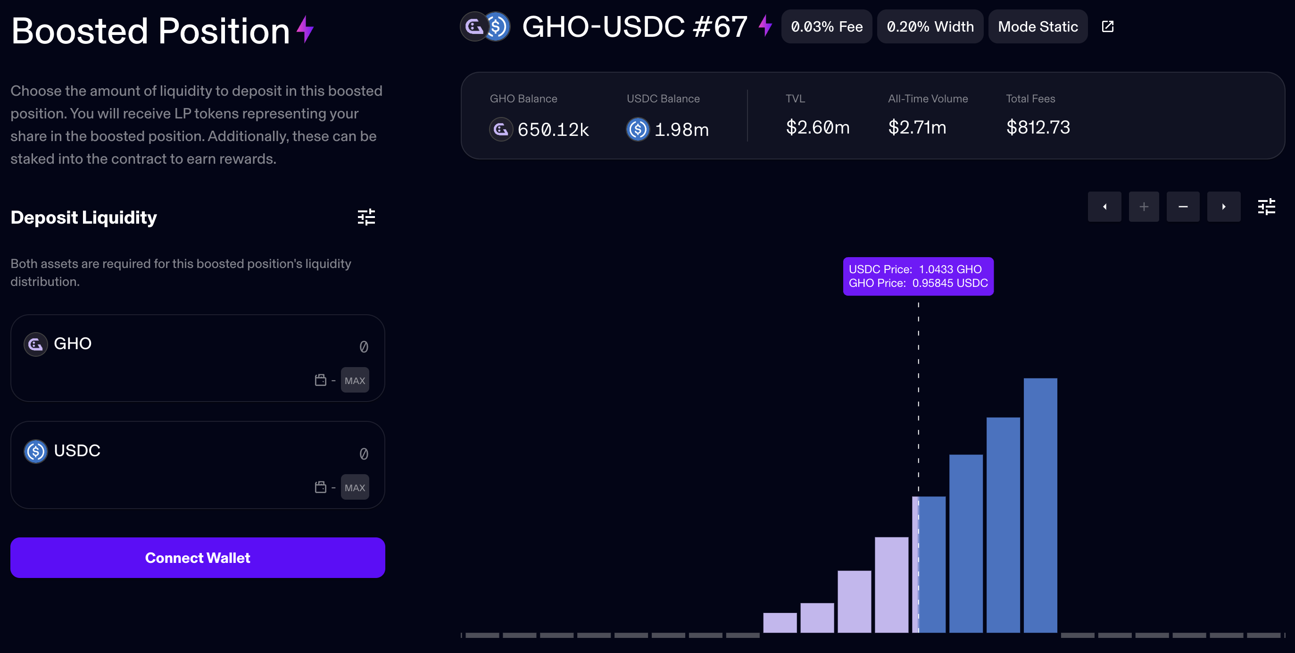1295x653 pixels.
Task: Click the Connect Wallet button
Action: click(198, 557)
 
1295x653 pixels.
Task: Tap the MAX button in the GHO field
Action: click(355, 380)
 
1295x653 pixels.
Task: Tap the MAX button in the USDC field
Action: click(355, 487)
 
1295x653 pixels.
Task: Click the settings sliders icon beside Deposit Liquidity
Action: click(366, 218)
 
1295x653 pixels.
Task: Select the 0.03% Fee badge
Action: click(826, 27)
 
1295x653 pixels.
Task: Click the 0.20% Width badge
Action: click(930, 27)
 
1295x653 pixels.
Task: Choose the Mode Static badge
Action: click(1038, 27)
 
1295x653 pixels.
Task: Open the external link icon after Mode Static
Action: click(1107, 27)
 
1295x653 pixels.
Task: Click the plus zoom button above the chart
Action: click(1144, 207)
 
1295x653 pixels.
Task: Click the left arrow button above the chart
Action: click(1104, 207)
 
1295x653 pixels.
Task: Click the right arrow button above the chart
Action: click(1224, 207)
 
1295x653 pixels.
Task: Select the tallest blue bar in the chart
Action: click(1040, 505)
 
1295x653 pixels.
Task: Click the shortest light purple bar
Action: click(780, 622)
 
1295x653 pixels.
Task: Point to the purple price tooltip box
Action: click(918, 276)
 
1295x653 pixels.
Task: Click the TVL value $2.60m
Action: click(817, 127)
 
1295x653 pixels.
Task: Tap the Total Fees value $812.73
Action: click(1038, 127)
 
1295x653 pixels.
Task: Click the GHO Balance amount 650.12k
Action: click(553, 130)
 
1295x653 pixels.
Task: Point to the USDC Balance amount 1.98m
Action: click(681, 130)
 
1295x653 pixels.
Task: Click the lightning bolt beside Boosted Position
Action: click(305, 30)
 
